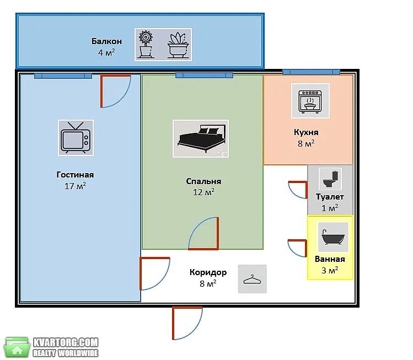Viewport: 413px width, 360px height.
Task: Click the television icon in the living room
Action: coord(76,138)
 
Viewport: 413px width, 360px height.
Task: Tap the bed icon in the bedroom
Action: coord(201,139)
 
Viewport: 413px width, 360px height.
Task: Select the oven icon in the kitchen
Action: coord(310,101)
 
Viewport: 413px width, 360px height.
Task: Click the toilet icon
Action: coord(330,179)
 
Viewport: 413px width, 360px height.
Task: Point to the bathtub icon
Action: coord(333,237)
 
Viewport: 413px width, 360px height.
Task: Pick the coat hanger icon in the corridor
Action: coord(253,279)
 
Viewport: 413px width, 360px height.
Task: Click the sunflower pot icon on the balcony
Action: coord(146,44)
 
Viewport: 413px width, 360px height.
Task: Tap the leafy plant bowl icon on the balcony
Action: coord(178,45)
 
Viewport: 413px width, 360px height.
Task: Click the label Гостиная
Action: coord(75,175)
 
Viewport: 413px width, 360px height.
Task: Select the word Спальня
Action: coord(203,181)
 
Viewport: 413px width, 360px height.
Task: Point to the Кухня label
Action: coord(306,132)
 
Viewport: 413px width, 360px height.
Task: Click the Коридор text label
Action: coord(208,272)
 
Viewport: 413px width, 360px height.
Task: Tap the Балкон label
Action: coord(106,41)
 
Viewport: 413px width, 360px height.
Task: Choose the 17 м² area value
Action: coord(75,186)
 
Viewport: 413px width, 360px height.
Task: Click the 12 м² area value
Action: coord(203,192)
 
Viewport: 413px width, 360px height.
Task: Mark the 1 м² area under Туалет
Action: coord(330,208)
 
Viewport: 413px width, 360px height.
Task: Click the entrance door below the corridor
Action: coord(187,323)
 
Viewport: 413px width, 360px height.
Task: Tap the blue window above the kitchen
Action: coord(311,72)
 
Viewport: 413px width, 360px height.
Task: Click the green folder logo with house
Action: coord(18,347)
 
